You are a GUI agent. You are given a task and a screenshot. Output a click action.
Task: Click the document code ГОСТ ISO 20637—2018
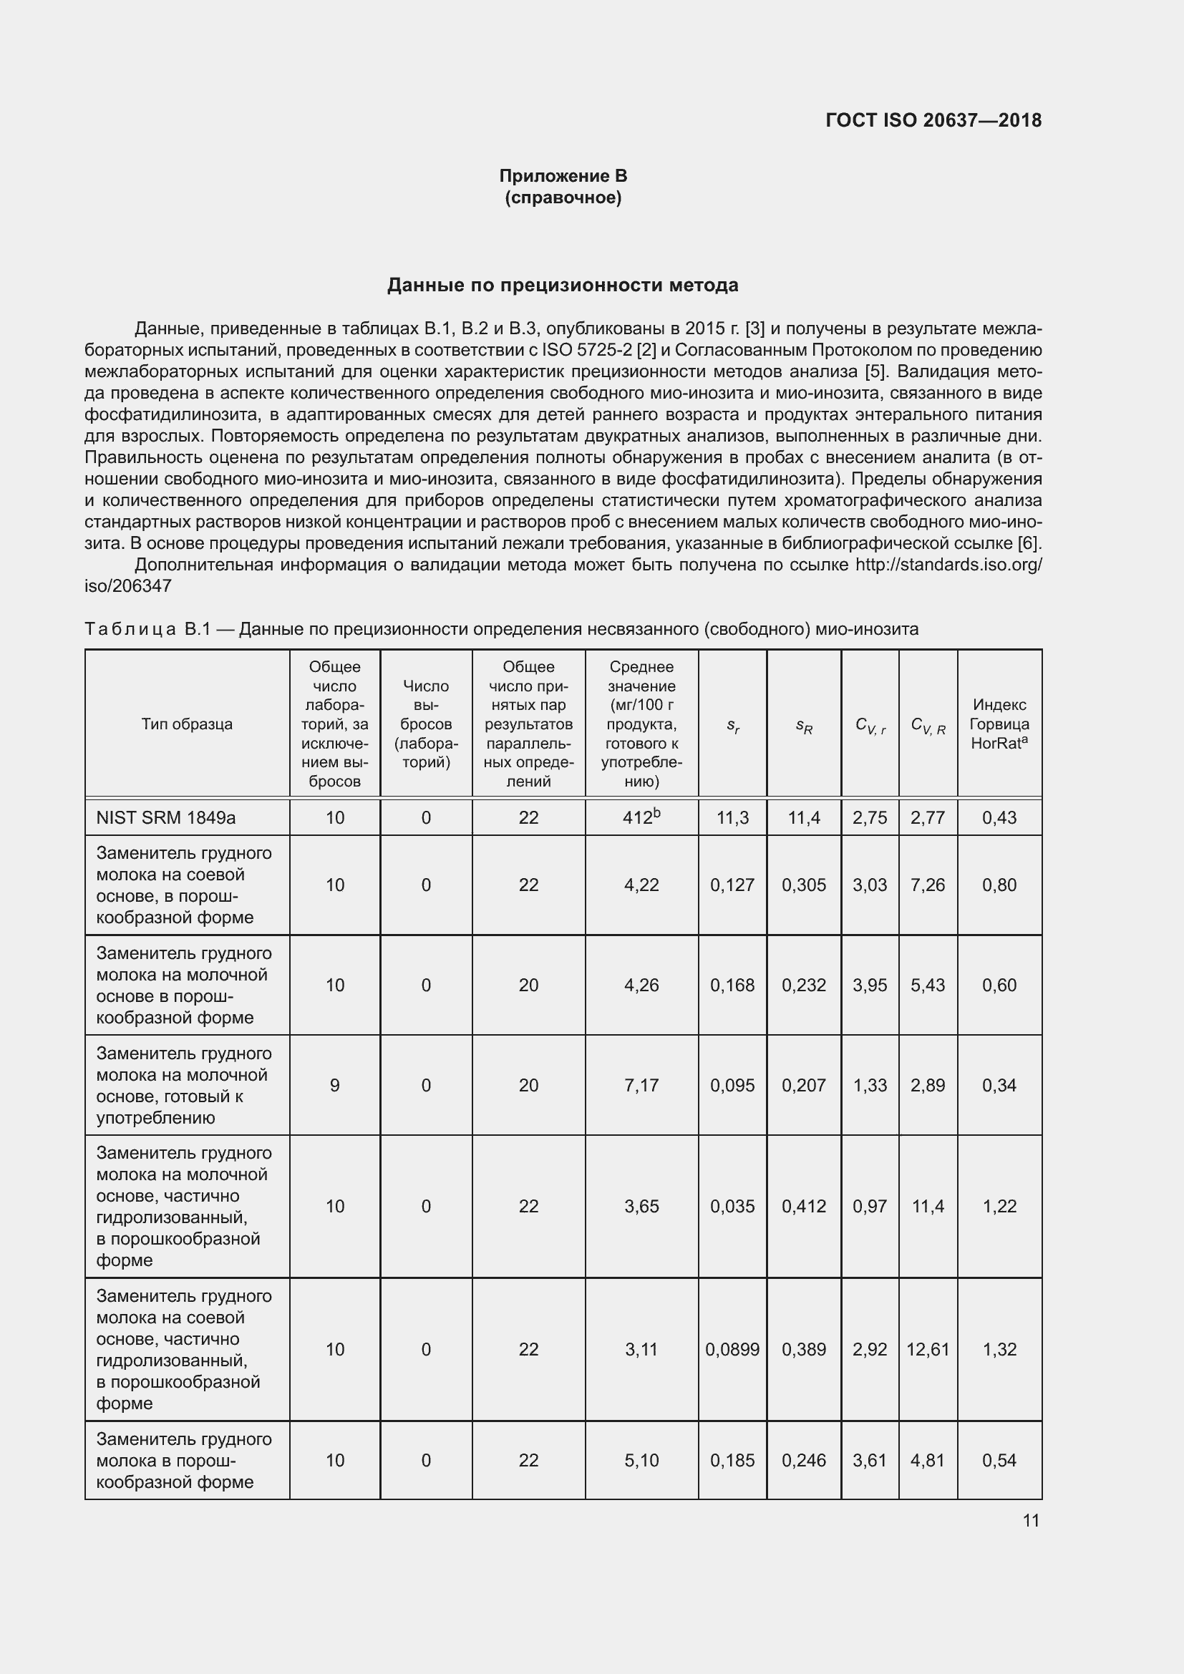tap(933, 120)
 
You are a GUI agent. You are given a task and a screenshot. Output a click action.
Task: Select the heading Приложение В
tap(563, 176)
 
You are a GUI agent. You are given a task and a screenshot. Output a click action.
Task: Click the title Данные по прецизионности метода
tap(562, 285)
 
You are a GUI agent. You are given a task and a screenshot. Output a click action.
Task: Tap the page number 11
tap(1030, 1520)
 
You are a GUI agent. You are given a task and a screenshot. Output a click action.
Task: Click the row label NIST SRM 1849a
tap(165, 817)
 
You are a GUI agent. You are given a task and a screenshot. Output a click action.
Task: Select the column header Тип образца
tap(187, 724)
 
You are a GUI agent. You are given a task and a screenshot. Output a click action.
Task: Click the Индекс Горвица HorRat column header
tap(999, 724)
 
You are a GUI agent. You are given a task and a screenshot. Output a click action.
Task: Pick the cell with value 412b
tap(641, 817)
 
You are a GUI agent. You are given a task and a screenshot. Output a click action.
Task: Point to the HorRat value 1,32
tap(999, 1349)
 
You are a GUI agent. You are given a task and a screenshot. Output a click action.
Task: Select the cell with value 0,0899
tap(732, 1349)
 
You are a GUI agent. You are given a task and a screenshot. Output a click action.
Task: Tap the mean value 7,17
tap(641, 1085)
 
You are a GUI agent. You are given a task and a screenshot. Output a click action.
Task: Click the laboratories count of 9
tap(334, 1085)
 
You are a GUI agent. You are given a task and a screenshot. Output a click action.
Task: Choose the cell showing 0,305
tap(803, 885)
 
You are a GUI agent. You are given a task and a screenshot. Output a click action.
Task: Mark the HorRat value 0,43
tap(999, 817)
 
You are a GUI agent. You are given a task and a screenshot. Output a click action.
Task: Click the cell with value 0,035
tap(732, 1206)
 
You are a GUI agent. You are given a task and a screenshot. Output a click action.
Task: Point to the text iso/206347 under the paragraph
tap(128, 585)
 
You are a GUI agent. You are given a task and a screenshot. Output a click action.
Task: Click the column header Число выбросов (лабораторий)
tap(426, 724)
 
